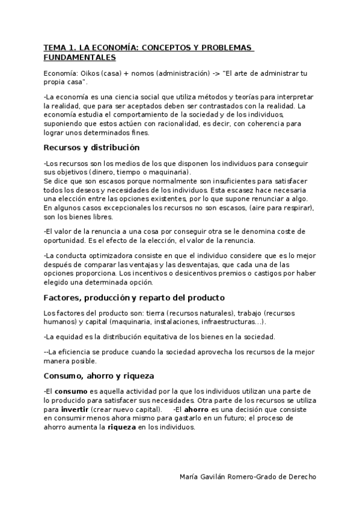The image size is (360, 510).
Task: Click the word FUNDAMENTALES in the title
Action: point(79,58)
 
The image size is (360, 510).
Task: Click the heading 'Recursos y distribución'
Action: point(91,147)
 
